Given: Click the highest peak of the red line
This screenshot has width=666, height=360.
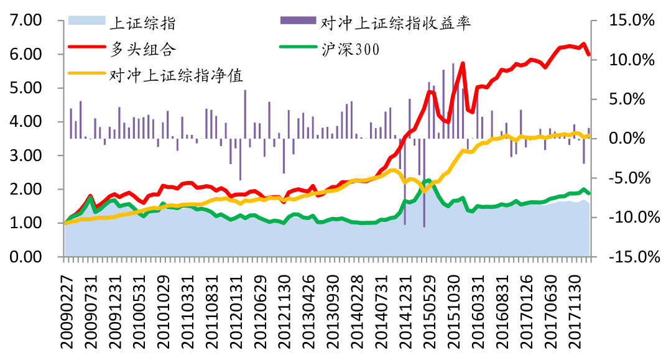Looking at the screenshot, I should click(x=583, y=44).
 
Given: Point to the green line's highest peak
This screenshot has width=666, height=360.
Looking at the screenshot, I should click(x=428, y=180).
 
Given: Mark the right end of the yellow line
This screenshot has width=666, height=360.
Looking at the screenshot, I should click(x=589, y=135).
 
